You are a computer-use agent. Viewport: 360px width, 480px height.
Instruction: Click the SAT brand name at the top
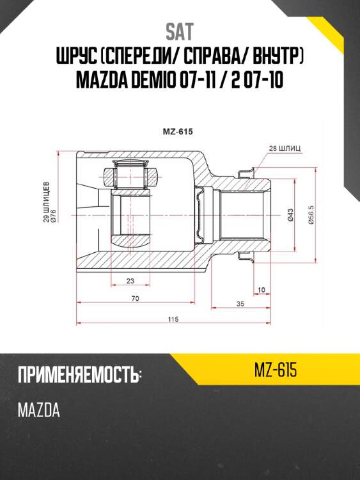[180, 31]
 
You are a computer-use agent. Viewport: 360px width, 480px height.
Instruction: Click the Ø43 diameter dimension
[290, 216]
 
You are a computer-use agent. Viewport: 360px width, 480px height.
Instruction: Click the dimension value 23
[130, 280]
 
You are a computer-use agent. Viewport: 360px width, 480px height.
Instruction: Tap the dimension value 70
[135, 298]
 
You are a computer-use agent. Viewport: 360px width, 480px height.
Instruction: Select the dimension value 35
[240, 303]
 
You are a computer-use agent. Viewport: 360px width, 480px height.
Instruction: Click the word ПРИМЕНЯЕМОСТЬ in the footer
[79, 376]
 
